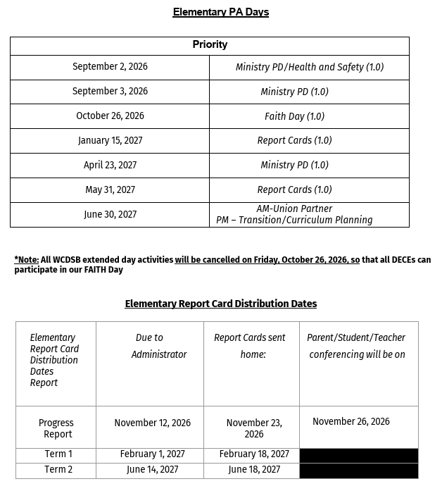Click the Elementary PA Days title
(221, 12)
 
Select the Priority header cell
(210, 45)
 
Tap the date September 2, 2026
(110, 67)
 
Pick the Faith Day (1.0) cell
(294, 116)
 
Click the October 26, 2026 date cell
(110, 116)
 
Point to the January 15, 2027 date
(110, 141)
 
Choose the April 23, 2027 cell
(110, 166)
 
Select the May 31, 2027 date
(110, 190)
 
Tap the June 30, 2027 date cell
(110, 215)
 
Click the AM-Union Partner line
(294, 209)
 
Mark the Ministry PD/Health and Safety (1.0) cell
(309, 68)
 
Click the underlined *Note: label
(27, 260)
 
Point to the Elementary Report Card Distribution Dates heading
(221, 304)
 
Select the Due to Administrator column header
(150, 346)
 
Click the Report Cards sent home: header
(250, 346)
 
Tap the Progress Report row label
(56, 428)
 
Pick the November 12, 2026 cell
(152, 423)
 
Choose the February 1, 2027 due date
(152, 455)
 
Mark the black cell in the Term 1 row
(358, 456)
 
